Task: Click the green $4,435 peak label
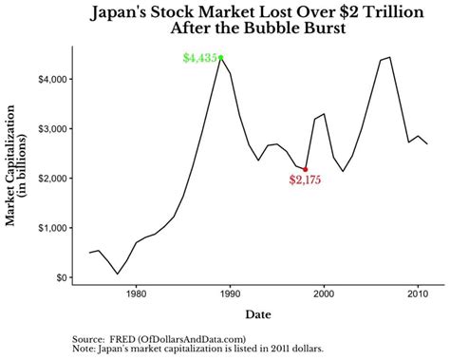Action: (x=199, y=58)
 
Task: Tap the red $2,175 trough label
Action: (x=306, y=180)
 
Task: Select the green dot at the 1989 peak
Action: (x=220, y=58)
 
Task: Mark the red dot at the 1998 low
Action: (x=305, y=169)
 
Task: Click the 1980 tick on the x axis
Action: (x=135, y=294)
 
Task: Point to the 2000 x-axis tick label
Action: (x=324, y=294)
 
